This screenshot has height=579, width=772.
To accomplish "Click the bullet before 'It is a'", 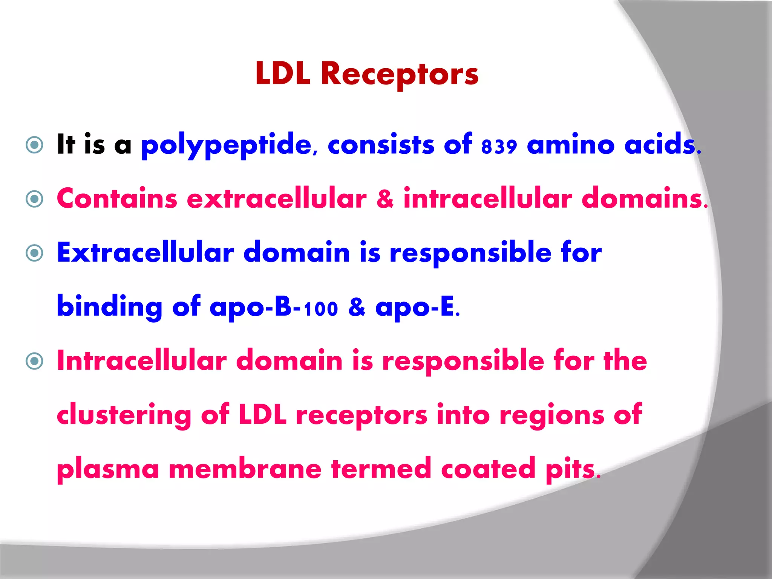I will click(x=35, y=145).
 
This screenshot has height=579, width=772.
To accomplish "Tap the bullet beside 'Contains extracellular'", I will click(x=35, y=199).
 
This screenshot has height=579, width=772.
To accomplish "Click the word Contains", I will click(x=117, y=199).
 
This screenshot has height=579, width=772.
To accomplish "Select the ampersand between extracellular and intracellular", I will click(x=385, y=199).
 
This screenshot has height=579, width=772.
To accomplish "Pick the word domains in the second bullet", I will click(x=642, y=199).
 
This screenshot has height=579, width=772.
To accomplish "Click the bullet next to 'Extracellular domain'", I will click(x=35, y=253).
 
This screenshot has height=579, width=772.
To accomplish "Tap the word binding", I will click(x=109, y=307).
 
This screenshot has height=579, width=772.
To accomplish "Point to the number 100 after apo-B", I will click(x=321, y=309).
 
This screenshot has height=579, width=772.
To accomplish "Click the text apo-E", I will click(x=416, y=307).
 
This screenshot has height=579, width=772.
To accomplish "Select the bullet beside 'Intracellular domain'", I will click(x=35, y=361).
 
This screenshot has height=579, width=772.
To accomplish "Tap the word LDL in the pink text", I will click(x=263, y=415).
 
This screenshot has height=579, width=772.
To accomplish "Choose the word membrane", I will click(x=245, y=469).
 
